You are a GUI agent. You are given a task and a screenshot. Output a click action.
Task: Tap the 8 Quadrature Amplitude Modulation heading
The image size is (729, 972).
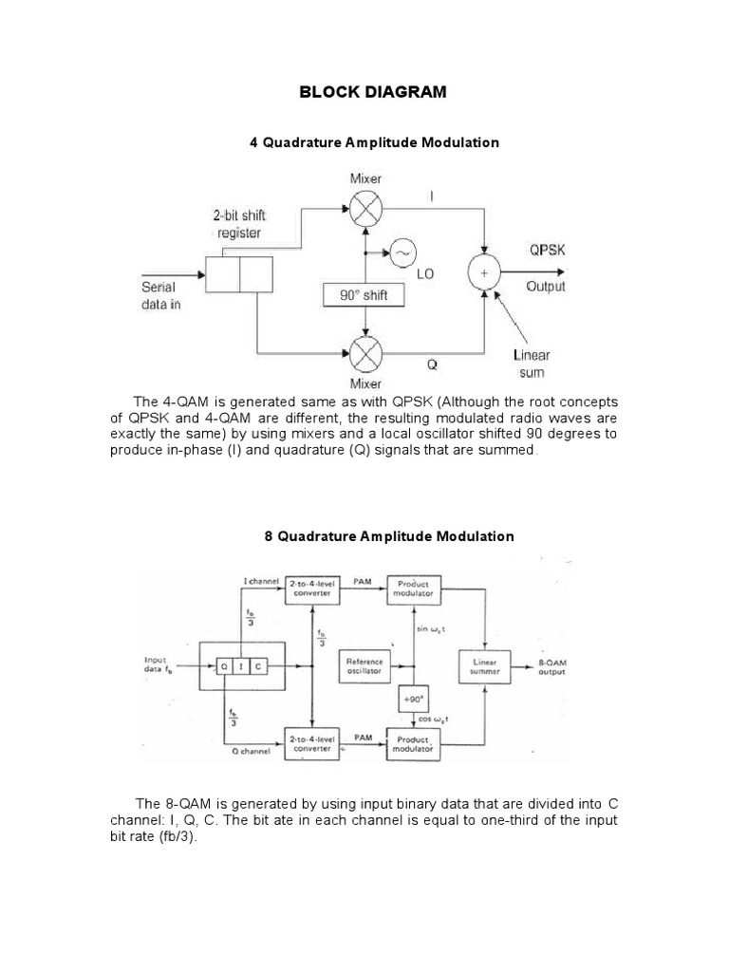(388, 536)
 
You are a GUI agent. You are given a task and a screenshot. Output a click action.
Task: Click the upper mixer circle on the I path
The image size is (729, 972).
(365, 212)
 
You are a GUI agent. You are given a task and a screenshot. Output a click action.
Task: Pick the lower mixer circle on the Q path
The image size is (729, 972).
(365, 355)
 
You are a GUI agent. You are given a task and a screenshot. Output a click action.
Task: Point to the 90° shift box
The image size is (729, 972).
(364, 295)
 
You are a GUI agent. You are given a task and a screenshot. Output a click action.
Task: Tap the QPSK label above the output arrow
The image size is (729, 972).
(548, 251)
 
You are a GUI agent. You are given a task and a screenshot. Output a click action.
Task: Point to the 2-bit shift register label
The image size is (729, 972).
(239, 223)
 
